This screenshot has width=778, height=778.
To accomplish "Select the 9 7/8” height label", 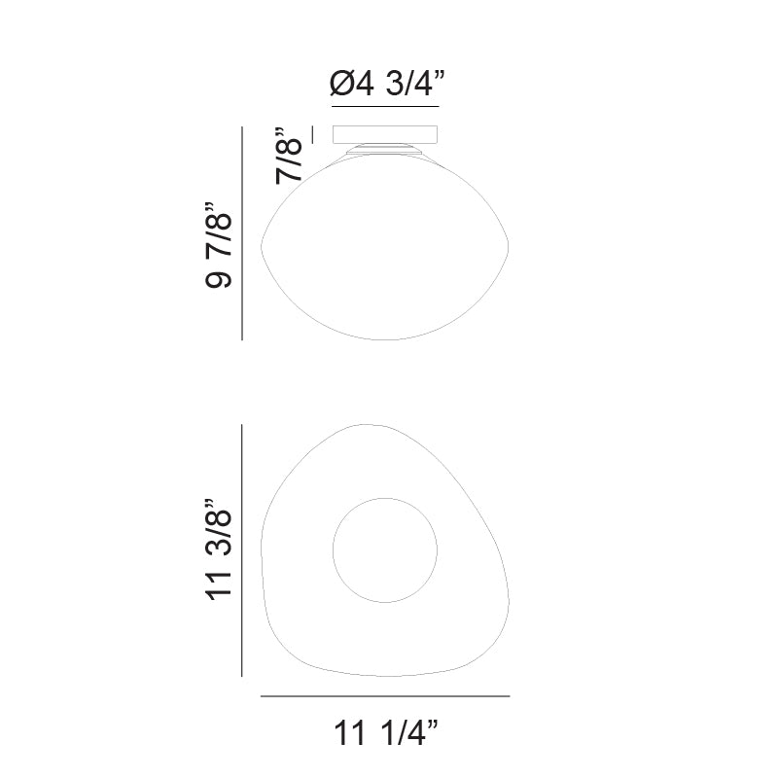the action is [218, 245].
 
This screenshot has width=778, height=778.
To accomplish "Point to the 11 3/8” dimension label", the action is [218, 549].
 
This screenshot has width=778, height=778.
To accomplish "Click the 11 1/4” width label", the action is [386, 732].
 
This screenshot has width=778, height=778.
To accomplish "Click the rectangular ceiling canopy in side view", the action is [385, 134].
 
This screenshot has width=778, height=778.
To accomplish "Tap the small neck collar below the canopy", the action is [385, 149].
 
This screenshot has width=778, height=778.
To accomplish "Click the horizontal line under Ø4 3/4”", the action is [385, 107].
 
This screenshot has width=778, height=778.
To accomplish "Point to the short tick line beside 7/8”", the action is [313, 134].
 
